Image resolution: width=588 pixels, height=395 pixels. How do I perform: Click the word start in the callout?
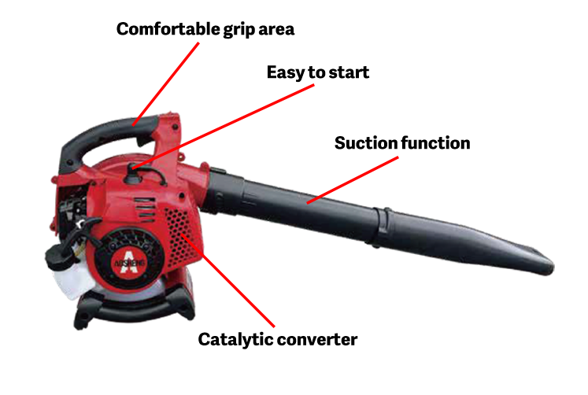(349, 72)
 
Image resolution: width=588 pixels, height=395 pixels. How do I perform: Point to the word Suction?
(365, 142)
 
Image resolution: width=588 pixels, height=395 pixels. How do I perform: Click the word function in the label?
(435, 142)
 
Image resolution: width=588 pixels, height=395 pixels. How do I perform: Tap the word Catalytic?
(236, 340)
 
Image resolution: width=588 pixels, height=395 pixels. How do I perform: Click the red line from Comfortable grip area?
(166, 84)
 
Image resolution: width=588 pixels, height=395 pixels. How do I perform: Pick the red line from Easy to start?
(223, 127)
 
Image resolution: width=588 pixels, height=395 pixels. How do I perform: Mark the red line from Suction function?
(353, 180)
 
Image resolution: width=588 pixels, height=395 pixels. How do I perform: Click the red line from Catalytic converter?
(228, 280)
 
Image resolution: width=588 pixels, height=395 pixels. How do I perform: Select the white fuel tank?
(71, 279)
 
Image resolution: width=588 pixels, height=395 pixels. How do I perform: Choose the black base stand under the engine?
(135, 306)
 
